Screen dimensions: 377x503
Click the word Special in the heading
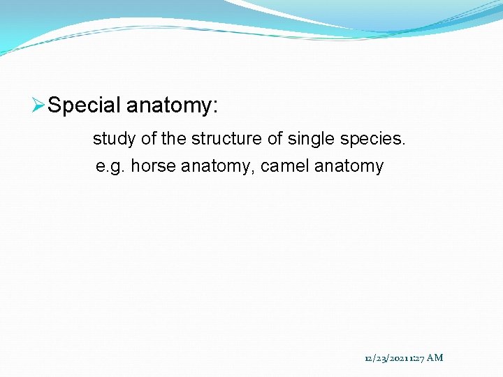click(85, 106)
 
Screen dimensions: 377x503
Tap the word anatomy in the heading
click(168, 106)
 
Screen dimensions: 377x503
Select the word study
click(115, 139)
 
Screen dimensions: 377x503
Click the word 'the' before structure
click(174, 139)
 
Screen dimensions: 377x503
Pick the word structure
click(224, 139)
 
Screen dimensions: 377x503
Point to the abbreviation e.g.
click(110, 167)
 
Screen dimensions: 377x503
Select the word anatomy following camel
click(349, 167)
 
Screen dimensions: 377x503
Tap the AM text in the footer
click(435, 358)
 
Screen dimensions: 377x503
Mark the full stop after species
click(403, 144)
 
